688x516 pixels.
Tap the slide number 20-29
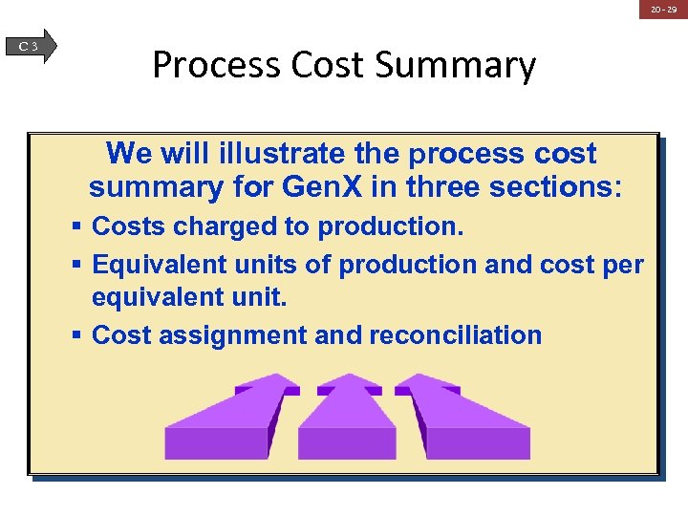(x=663, y=10)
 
